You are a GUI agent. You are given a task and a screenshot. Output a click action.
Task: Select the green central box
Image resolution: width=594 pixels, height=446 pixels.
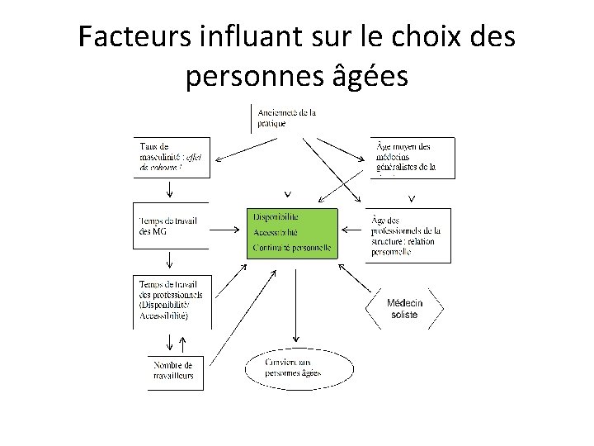coord(292,233)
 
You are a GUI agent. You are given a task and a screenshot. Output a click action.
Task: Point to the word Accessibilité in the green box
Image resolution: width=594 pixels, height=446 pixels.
coord(276,232)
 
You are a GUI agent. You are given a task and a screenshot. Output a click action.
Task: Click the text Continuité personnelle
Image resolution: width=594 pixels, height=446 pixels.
coord(292,248)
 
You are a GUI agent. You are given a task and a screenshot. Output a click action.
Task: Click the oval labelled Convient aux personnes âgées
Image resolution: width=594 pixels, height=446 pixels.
coord(293,368)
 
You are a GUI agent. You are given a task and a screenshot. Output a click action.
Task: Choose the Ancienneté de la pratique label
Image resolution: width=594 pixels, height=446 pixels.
coord(287,117)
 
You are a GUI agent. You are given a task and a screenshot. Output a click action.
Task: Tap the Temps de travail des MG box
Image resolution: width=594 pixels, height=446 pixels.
coord(169,225)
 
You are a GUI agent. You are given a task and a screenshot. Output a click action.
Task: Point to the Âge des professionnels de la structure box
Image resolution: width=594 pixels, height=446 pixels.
coord(408,235)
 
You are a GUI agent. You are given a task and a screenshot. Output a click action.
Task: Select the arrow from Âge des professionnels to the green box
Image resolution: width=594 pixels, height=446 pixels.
coord(352,230)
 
